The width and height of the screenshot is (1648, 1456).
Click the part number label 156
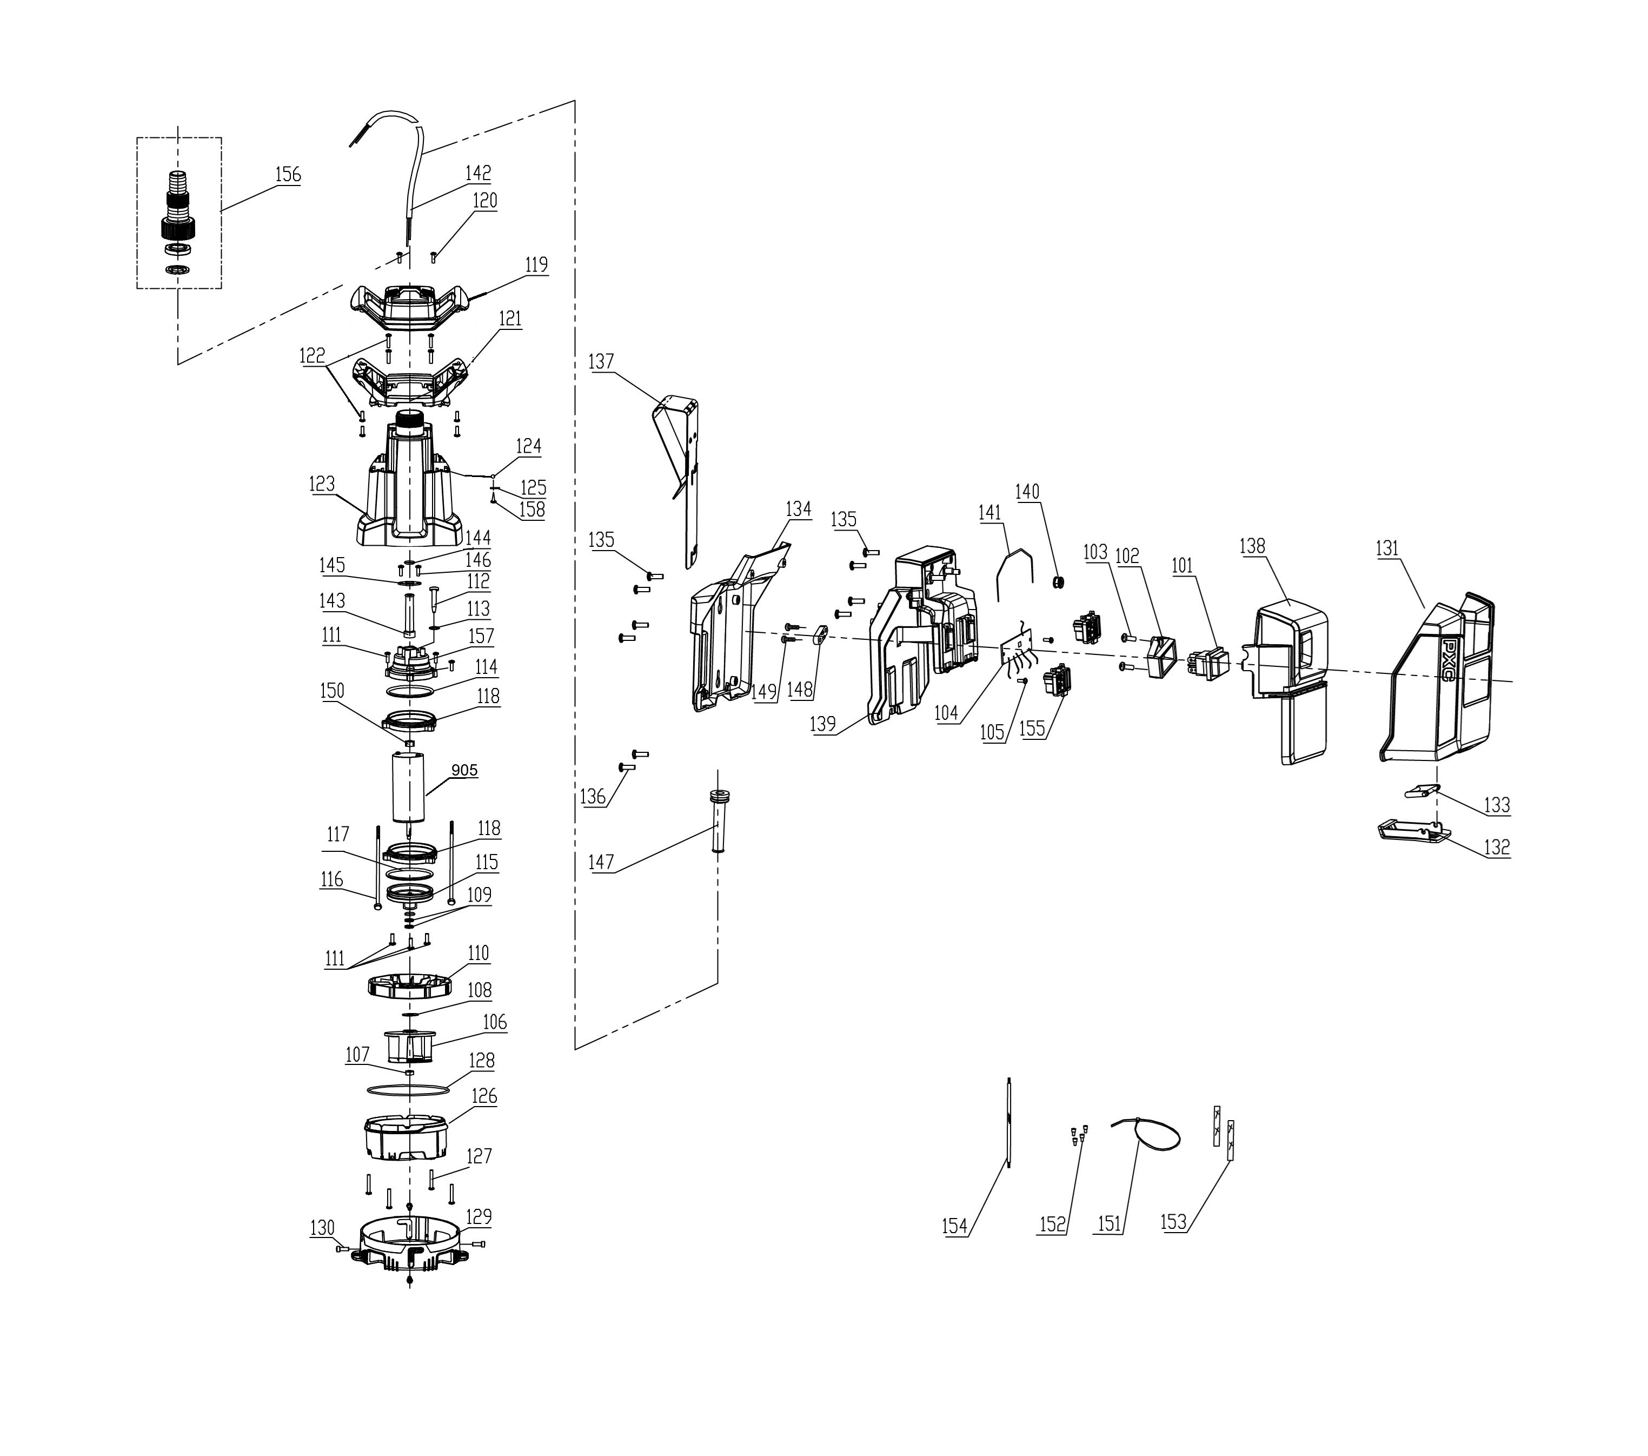[288, 174]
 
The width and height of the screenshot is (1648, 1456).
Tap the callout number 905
[464, 770]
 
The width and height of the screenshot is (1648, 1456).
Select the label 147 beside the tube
[601, 862]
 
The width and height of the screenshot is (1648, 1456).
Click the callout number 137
[601, 361]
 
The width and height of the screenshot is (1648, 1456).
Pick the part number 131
[1387, 548]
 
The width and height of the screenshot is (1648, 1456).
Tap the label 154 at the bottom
[955, 1227]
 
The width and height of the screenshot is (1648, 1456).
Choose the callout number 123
[322, 484]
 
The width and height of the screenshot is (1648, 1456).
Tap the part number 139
[823, 724]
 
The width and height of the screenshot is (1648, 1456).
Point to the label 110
[478, 954]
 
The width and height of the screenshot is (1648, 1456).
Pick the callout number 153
[1174, 1222]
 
